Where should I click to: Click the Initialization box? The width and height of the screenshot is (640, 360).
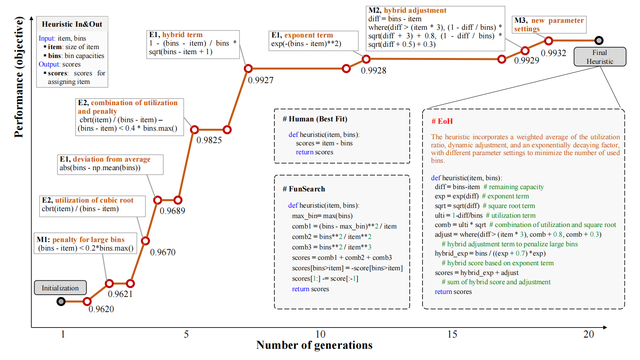tap(60, 288)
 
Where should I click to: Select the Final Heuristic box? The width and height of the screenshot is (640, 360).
tap(599, 57)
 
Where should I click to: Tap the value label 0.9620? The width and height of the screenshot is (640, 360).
tap(101, 309)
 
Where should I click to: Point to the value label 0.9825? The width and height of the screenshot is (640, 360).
tap(209, 140)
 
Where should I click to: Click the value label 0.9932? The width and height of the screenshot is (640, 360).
tap(553, 53)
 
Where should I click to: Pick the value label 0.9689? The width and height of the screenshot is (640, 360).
tap(172, 211)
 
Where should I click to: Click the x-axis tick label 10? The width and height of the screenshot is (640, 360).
tap(320, 334)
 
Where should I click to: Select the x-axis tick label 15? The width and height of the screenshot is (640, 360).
tap(452, 334)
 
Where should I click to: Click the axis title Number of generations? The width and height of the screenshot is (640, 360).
tap(314, 345)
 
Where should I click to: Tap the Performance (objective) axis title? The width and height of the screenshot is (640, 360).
tap(19, 77)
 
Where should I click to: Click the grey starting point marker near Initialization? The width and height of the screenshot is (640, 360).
tap(61, 301)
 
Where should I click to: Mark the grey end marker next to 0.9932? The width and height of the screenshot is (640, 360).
tap(599, 40)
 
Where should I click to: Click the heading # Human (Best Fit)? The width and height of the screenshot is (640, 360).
tap(315, 119)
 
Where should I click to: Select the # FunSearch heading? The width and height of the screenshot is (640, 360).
tap(304, 189)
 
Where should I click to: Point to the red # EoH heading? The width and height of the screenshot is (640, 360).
tap(442, 121)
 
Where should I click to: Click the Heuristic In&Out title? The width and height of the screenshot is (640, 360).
tap(72, 24)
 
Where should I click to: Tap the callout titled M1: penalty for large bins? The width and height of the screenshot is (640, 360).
tap(86, 244)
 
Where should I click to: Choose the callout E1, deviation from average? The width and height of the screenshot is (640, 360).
tap(110, 164)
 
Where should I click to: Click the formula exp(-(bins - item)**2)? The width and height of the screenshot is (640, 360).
tap(306, 44)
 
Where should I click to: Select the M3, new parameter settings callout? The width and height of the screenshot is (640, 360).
tap(549, 24)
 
